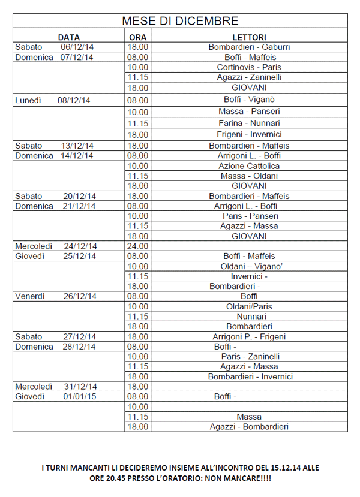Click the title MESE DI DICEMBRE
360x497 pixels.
pos(180,21)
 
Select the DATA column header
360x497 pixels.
pos(69,37)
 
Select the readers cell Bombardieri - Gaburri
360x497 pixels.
pos(248,47)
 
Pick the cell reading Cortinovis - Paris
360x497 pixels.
pos(248,67)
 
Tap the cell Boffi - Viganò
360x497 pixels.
pos(248,100)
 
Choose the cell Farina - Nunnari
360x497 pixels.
pos(248,123)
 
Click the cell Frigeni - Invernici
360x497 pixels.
pos(248,135)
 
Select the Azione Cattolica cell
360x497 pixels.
pos(248,166)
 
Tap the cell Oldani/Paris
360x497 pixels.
pos(248,306)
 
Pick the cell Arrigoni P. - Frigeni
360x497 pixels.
pos(248,336)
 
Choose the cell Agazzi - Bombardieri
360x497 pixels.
pos(248,426)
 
